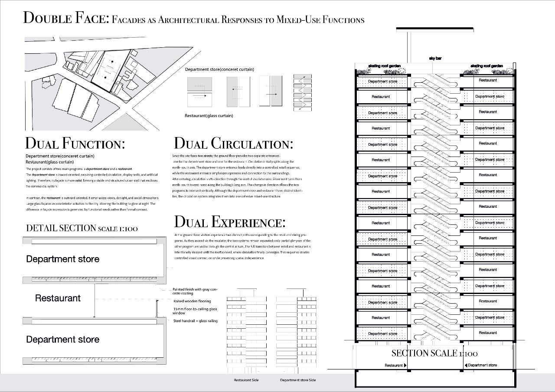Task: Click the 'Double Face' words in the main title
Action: tap(65, 18)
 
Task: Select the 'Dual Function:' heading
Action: tap(75, 144)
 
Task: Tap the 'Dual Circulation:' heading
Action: tap(233, 144)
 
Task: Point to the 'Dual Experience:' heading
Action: tap(229, 222)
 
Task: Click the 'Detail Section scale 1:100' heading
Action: tap(82, 228)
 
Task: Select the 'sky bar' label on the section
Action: tap(435, 58)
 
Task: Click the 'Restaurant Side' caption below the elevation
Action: tap(246, 380)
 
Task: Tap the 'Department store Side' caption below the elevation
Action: tap(298, 380)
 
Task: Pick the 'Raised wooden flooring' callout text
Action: tap(192, 301)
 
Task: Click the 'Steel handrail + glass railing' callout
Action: tap(195, 321)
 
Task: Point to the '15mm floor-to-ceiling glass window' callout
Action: tap(195, 311)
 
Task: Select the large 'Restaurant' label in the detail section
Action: tap(58, 298)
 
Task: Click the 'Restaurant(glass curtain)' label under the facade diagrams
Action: tap(209, 116)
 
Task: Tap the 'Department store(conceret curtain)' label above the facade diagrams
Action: tap(219, 69)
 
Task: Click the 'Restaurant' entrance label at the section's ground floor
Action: tap(394, 366)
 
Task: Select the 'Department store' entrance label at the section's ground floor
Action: tap(483, 365)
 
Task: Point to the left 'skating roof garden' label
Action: tap(384, 66)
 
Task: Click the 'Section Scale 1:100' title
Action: tap(434, 353)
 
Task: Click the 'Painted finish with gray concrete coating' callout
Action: tap(195, 291)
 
